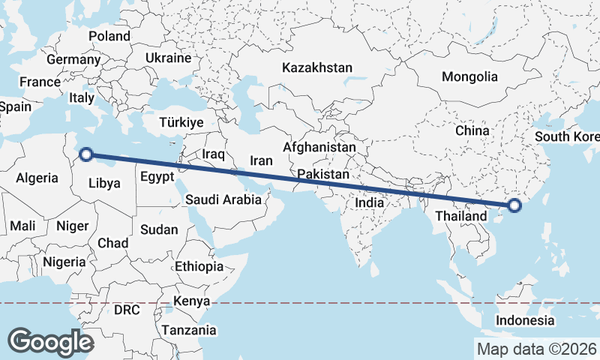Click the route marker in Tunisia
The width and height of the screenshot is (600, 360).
86,154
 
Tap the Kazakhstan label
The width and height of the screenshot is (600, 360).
317,67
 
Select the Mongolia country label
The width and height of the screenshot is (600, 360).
469,76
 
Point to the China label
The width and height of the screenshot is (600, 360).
472,130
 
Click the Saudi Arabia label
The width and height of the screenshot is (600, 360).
223,199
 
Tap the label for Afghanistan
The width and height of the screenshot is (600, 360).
319,148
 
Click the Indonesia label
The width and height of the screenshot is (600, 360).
525,320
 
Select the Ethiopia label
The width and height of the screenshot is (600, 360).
199,266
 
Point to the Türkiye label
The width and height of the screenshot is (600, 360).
181,122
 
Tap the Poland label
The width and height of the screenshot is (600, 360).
109,36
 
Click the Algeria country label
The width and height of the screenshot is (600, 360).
37,178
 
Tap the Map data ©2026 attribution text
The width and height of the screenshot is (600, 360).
535,349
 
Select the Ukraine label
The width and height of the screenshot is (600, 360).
169,58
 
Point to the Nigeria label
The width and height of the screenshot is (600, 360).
64,262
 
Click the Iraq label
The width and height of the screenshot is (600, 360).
214,154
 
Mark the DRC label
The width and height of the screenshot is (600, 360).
127,309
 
